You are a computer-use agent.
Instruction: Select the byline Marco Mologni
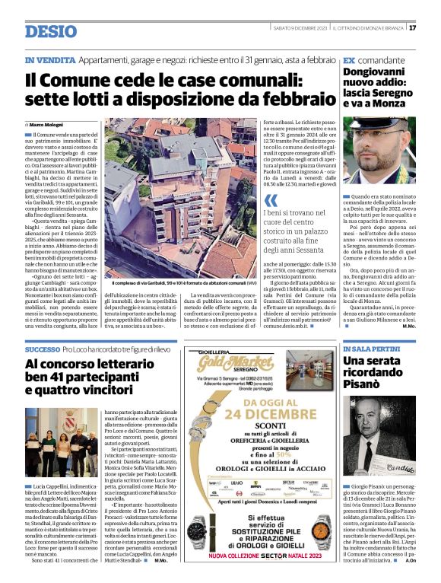coord(46,123)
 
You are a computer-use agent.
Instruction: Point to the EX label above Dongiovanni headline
coord(349,59)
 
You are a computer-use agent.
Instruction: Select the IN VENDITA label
coord(49,59)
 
